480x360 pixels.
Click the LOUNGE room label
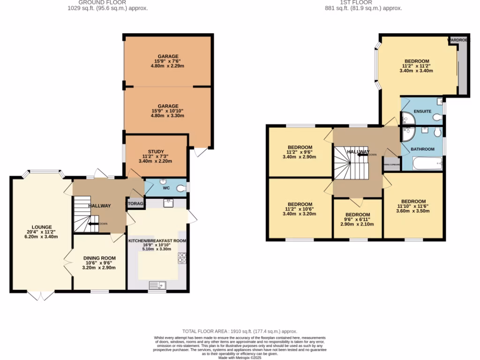pos(42,227)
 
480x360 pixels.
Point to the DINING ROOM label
pos(99,258)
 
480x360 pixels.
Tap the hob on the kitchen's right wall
pos(182,258)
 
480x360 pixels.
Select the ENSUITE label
pos(422,111)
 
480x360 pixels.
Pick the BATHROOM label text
pos(422,149)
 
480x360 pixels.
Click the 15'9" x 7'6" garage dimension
pos(167,61)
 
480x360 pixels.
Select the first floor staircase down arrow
pos(363,154)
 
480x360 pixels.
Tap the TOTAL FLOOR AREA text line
pos(240,331)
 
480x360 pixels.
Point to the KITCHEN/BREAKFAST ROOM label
pos(157,240)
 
